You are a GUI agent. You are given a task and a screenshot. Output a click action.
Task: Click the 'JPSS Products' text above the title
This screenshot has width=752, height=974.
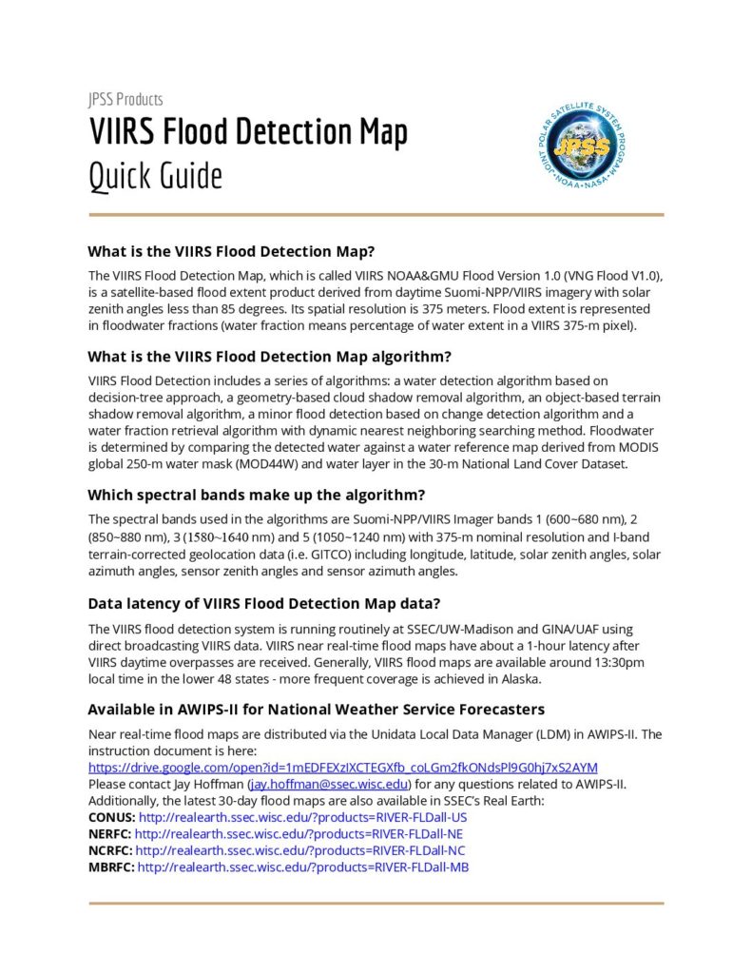[125, 99]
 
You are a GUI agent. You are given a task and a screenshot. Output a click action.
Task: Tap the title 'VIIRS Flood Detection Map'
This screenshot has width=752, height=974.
[248, 132]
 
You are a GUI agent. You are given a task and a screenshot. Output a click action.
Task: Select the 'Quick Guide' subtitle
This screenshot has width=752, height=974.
[156, 176]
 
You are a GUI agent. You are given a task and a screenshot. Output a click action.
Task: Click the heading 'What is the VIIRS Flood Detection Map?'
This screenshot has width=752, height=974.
[231, 252]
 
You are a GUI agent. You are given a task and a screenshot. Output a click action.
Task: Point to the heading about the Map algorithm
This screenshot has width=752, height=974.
[269, 358]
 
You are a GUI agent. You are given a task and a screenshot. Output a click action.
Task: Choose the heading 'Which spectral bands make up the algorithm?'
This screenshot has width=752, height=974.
[256, 495]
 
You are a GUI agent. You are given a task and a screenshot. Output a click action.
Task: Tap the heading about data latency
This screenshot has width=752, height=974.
[263, 603]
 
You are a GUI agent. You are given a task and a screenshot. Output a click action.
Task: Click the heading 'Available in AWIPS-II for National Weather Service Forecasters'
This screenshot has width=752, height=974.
[317, 709]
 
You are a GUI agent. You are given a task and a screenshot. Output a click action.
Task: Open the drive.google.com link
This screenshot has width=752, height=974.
[343, 767]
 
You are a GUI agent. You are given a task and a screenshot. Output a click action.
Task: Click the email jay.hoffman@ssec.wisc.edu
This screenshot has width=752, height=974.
[329, 784]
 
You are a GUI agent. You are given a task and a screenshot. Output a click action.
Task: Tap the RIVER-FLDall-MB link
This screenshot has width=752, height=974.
[303, 867]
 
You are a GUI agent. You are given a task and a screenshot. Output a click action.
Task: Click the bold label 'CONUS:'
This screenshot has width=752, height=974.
[111, 817]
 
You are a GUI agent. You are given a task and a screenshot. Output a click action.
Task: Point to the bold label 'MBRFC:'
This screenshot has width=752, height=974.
[111, 867]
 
